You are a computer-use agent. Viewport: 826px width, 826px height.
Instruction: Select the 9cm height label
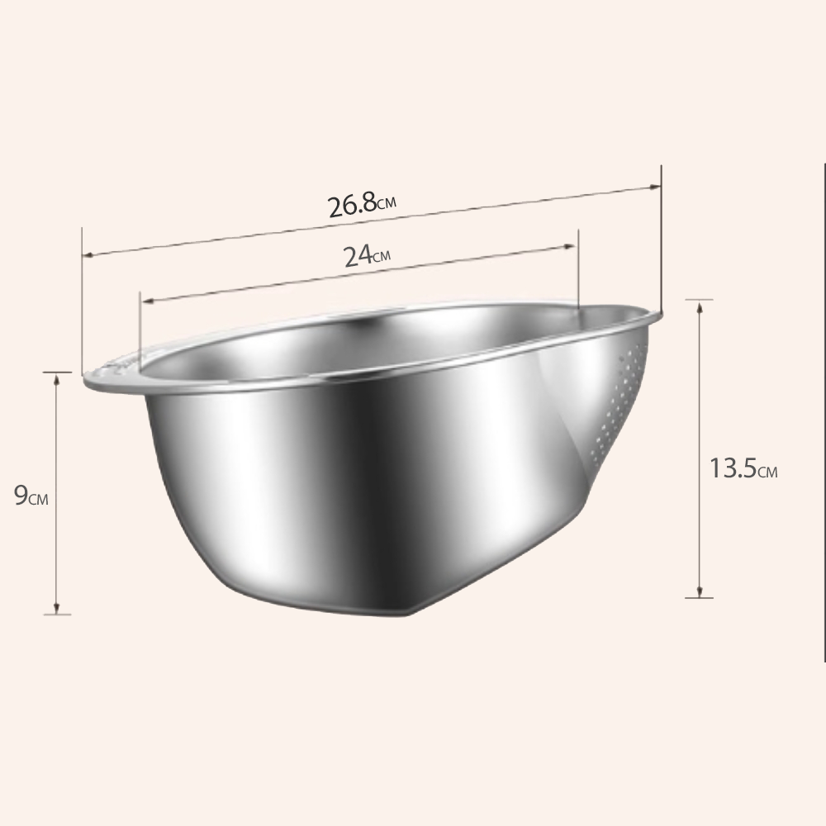coord(32,496)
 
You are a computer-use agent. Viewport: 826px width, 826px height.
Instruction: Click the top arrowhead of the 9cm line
coord(56,378)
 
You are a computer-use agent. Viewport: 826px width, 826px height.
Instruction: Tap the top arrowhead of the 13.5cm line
coord(700,306)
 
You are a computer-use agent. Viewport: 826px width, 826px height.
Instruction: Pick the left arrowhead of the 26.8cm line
coord(88,254)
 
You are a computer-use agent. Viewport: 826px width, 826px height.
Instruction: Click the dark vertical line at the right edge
coord(824,413)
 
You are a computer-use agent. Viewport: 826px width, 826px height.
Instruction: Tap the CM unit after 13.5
coord(767,473)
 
